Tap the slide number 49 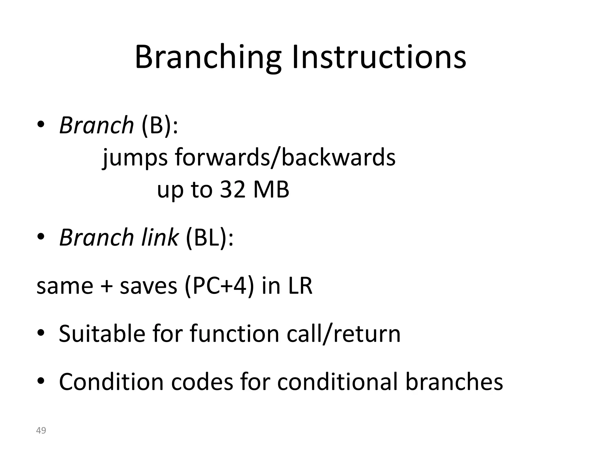tap(41, 430)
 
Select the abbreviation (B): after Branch tap(160, 125)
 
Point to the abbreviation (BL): tap(210, 238)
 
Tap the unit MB tap(271, 189)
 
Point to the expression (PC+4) tap(219, 286)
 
